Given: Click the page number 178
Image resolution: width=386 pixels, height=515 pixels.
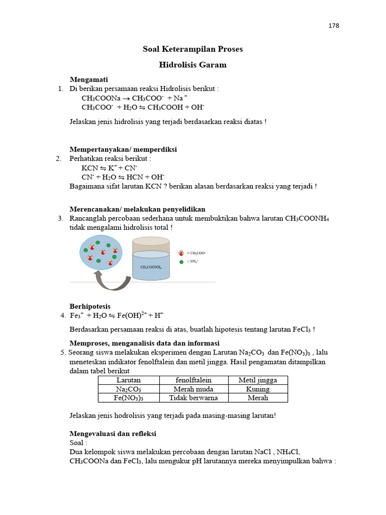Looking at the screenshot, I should click(x=334, y=26).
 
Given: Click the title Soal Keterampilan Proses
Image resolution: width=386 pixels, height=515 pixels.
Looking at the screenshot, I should click(x=192, y=49).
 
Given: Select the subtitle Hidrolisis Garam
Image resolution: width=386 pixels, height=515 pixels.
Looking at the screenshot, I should click(x=192, y=65).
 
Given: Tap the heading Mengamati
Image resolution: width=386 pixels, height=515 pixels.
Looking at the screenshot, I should click(x=88, y=80).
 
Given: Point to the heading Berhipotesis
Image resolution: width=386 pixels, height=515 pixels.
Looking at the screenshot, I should click(x=90, y=306).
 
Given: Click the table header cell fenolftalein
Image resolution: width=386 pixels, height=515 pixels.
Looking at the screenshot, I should click(x=194, y=380).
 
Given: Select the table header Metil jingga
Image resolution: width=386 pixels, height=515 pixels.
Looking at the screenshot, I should click(x=257, y=380).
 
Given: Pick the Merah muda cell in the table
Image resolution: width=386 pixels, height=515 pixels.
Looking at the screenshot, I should click(x=194, y=389).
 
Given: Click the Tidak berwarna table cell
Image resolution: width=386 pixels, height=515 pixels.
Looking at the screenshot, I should click(x=194, y=398).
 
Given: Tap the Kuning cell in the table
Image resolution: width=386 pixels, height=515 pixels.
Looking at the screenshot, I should click(x=257, y=389).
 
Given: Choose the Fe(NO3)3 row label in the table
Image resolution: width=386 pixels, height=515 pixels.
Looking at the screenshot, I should click(x=129, y=398).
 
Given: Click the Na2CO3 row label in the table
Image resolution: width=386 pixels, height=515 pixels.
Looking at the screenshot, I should click(x=129, y=389).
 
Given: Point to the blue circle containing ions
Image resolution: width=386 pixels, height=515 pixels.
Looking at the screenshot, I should click(x=101, y=252).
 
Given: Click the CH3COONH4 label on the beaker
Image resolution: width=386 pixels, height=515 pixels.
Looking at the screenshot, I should click(x=151, y=267).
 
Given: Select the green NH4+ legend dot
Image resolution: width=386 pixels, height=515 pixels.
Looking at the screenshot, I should click(x=181, y=262).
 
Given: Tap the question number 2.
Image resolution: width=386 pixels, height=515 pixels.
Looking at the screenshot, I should click(x=59, y=158).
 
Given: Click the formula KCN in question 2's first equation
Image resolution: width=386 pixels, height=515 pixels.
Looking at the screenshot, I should click(x=90, y=168).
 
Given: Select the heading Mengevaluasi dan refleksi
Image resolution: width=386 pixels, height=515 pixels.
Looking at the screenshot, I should click(x=113, y=434).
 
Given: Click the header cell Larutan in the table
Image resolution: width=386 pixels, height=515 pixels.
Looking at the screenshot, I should click(x=129, y=380).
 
